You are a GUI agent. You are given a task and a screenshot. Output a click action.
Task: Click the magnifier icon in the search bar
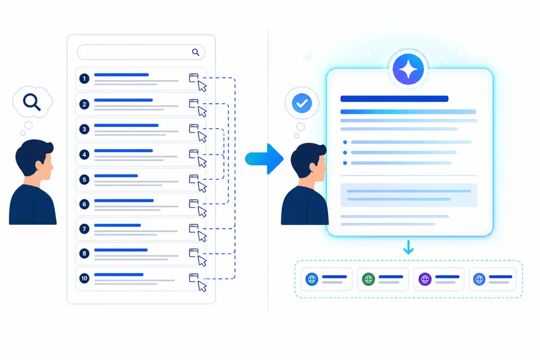(196, 52)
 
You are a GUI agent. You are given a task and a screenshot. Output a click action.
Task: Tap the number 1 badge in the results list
(84, 79)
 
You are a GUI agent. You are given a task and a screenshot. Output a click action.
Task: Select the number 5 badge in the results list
(84, 179)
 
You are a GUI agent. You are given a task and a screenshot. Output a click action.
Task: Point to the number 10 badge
(84, 278)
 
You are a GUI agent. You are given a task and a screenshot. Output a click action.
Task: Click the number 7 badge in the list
(84, 229)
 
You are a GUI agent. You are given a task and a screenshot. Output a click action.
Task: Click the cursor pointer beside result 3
(202, 137)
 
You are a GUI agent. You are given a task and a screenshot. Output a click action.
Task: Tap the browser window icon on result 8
(194, 252)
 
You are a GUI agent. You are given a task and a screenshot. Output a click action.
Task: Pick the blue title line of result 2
(123, 100)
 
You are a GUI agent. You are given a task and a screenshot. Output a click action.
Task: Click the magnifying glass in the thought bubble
(32, 102)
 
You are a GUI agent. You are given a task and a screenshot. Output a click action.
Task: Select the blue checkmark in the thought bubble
(302, 103)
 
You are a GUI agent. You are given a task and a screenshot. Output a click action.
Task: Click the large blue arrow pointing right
(265, 159)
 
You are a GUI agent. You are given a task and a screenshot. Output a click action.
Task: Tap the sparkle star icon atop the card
(409, 69)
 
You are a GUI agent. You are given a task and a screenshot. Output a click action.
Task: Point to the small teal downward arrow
(409, 247)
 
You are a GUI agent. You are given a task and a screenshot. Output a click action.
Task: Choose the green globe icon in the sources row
(369, 279)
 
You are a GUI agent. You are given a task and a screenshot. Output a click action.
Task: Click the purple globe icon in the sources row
(425, 279)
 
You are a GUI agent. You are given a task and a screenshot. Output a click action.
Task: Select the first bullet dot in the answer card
(345, 142)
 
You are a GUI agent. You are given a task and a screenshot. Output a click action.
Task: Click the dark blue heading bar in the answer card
(394, 99)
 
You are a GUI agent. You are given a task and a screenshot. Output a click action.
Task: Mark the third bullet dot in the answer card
(345, 163)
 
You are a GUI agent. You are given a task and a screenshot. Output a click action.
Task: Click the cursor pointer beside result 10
(202, 286)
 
